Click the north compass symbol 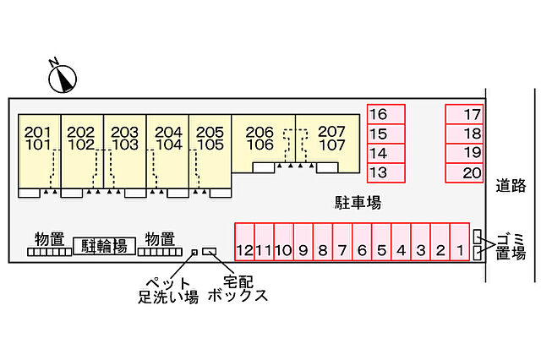(x=63, y=79)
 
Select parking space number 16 (x=385, y=114)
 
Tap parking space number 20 (x=464, y=172)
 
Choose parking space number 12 (x=244, y=242)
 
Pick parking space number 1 (x=460, y=242)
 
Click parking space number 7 (x=342, y=242)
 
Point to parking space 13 (x=385, y=172)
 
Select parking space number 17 (x=464, y=114)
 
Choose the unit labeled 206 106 (x=263, y=143)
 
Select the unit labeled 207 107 (x=328, y=143)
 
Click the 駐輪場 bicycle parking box (x=104, y=246)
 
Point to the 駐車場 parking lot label (x=358, y=203)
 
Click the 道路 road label (x=511, y=186)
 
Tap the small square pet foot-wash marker (x=194, y=252)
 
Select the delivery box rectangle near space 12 (x=209, y=251)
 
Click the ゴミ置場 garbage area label (x=511, y=246)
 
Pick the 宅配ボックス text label (x=238, y=289)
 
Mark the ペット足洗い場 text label (x=168, y=291)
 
